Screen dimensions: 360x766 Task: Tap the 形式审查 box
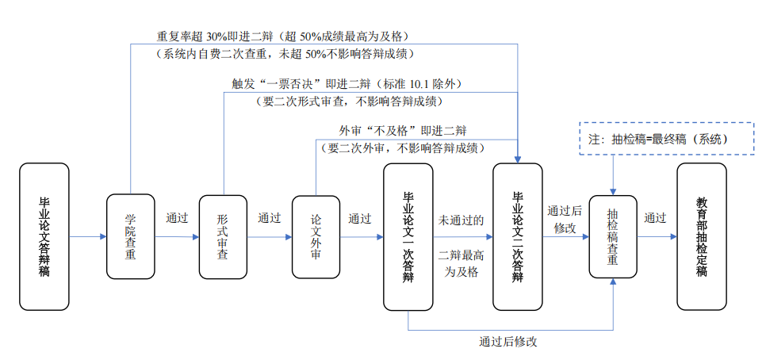[223, 236]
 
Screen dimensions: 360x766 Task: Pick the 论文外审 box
[316, 236]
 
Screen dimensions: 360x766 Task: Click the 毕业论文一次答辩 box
[408, 236]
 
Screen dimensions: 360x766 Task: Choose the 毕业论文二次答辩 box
[517, 236]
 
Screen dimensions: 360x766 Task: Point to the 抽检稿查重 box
[613, 236]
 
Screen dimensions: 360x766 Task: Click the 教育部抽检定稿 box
[701, 236]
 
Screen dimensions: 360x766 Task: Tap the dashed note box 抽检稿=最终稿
[665, 138]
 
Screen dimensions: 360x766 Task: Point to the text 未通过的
[462, 220]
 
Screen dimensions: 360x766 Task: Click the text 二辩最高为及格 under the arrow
[462, 263]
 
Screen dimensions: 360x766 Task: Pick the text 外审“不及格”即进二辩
[403, 130]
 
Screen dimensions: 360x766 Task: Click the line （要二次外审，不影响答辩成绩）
[403, 147]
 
